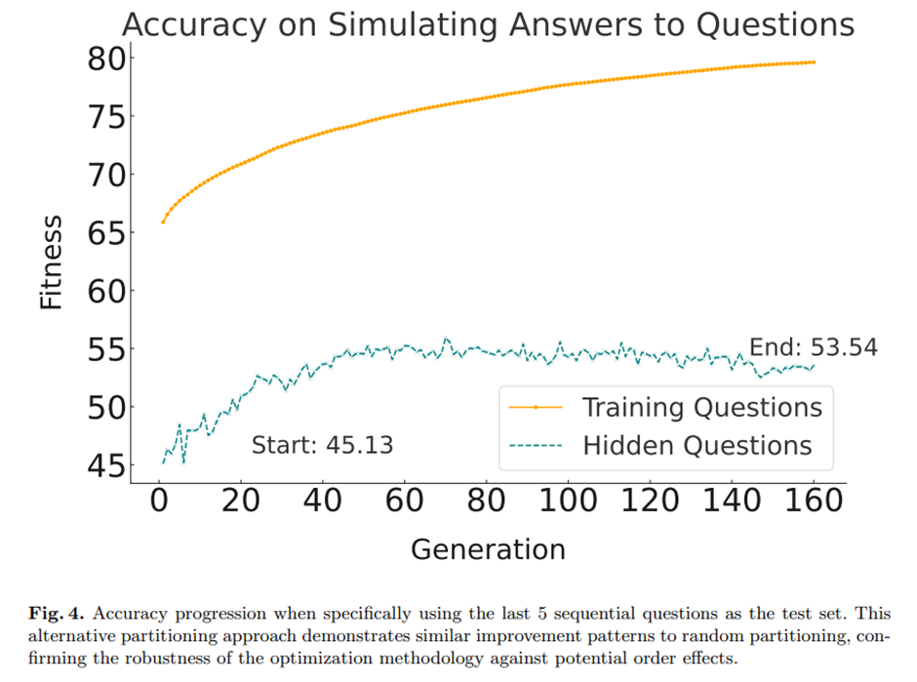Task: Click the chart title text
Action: pyautogui.click(x=488, y=24)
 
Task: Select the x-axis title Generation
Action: pyautogui.click(x=488, y=548)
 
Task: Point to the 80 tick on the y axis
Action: pyautogui.click(x=102, y=60)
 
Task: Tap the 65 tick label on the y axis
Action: pyautogui.click(x=102, y=233)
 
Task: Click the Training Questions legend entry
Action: pyautogui.click(x=701, y=406)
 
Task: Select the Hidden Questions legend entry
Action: pyautogui.click(x=697, y=446)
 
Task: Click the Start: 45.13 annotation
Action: pyautogui.click(x=322, y=446)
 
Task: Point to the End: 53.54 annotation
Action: pyautogui.click(x=813, y=347)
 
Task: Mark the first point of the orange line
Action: pyautogui.click(x=162, y=221)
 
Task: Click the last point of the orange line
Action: pyautogui.click(x=813, y=62)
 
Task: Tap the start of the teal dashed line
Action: pyautogui.click(x=162, y=461)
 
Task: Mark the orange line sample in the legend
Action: pyautogui.click(x=536, y=406)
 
